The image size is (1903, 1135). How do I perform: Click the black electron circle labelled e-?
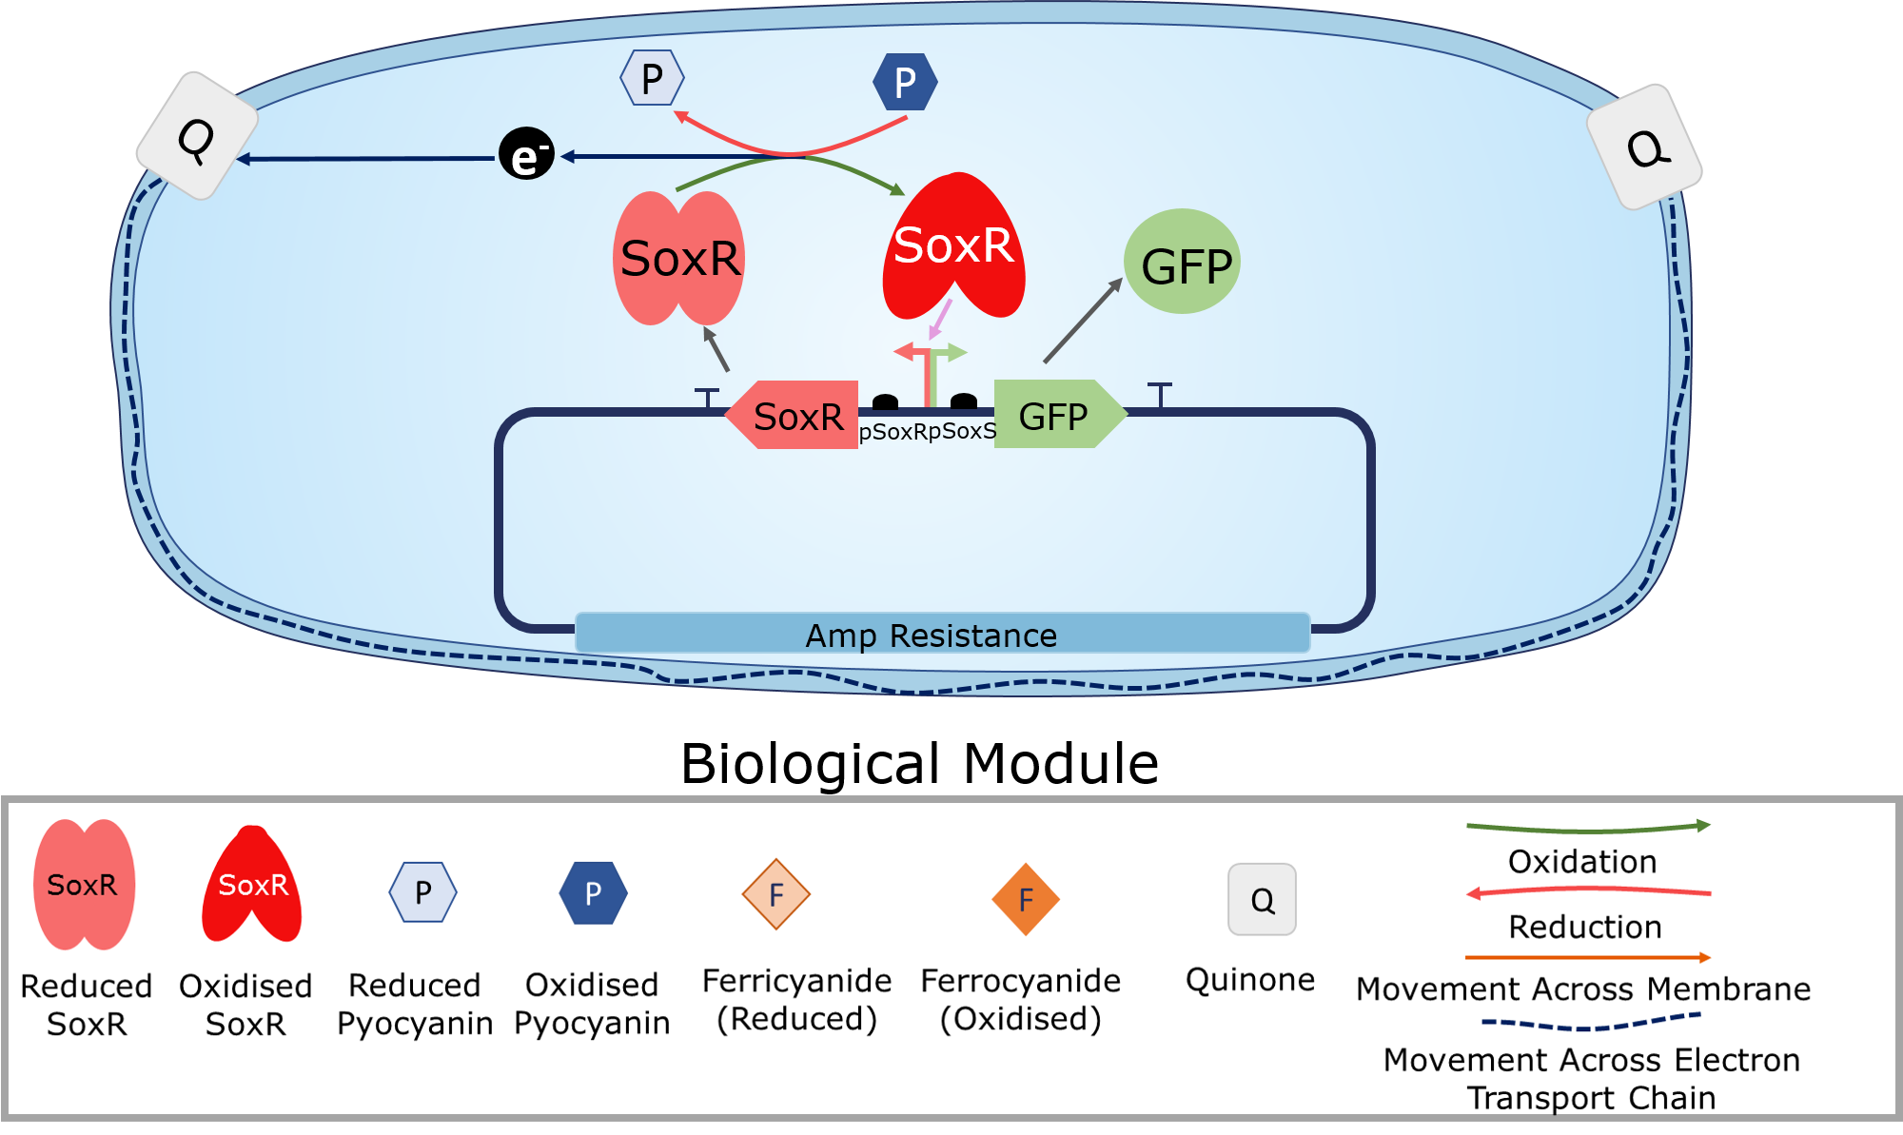[x=526, y=154]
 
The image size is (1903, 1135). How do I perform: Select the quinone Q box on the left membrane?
[x=197, y=136]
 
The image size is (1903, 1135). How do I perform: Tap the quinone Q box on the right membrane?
[x=1645, y=147]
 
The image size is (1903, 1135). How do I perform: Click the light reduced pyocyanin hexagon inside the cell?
[x=652, y=78]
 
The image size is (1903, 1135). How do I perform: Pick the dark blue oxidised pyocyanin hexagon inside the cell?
[x=905, y=82]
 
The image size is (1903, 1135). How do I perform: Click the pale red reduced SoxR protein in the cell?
[x=678, y=258]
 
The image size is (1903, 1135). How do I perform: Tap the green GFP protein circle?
[x=1183, y=262]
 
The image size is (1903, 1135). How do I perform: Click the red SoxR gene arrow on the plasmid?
[x=794, y=415]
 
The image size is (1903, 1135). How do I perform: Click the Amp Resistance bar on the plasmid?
[x=942, y=634]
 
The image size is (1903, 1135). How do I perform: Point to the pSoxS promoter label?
[x=962, y=432]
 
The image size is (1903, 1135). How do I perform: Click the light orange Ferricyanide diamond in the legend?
[x=776, y=894]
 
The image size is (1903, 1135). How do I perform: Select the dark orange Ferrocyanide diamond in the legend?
[x=1026, y=899]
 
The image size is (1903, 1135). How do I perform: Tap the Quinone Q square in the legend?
[x=1262, y=899]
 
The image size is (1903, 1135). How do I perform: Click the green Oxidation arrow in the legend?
[x=1587, y=828]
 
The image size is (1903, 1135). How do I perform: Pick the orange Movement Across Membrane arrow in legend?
[x=1587, y=957]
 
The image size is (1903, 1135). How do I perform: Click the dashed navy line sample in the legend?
[x=1591, y=1023]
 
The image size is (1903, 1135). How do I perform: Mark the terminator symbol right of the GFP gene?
[x=1159, y=394]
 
